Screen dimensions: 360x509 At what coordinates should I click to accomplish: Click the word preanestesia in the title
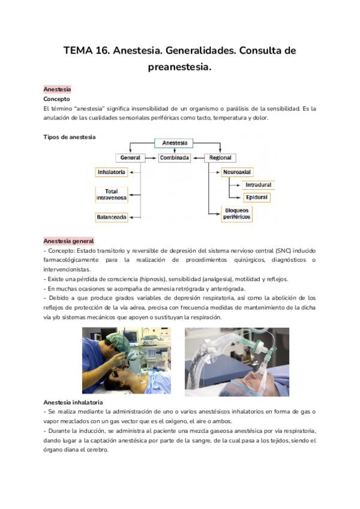pos(179,67)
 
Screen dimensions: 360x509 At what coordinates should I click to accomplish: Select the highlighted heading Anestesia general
pos(68,241)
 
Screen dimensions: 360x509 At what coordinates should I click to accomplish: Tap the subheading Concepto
pos(56,98)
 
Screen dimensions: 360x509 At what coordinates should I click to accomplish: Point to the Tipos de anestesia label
pos(70,137)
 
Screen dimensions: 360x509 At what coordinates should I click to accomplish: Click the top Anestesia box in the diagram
pos(175,143)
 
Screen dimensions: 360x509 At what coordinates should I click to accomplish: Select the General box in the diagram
pos(130,158)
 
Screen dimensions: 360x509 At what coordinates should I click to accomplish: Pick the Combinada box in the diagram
pos(175,158)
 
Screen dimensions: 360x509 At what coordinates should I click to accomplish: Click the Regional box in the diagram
pos(220,158)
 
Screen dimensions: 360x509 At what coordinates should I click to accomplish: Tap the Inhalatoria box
pos(112,172)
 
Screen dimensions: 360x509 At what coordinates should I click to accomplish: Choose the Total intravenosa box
pos(112,194)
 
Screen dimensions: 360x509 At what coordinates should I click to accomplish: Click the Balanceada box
pos(112,217)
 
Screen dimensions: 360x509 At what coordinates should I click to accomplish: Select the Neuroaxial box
pos(237,172)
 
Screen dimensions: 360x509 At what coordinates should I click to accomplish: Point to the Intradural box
pos(258,185)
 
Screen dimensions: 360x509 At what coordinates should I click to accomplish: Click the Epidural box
pos(256,197)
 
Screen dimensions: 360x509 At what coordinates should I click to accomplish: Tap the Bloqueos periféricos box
pos(236,214)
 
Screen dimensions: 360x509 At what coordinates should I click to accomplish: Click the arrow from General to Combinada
pos(151,158)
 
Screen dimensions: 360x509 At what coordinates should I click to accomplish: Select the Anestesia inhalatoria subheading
pos(73,402)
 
